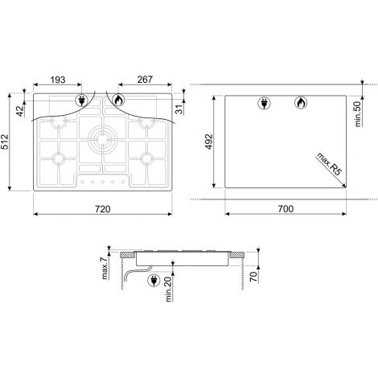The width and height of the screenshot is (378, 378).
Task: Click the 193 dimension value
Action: pyautogui.click(x=58, y=80)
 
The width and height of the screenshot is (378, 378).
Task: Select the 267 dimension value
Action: pyautogui.click(x=145, y=80)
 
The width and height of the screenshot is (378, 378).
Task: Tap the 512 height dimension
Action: pyautogui.click(x=5, y=142)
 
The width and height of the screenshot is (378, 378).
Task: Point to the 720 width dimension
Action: pyautogui.click(x=103, y=209)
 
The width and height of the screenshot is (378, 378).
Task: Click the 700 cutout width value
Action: pyautogui.click(x=286, y=208)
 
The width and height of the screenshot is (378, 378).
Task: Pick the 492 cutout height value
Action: pyautogui.click(x=208, y=142)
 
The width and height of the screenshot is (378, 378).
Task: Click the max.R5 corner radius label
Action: pyautogui.click(x=329, y=164)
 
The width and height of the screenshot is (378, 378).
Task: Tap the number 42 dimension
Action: pyautogui.click(x=20, y=111)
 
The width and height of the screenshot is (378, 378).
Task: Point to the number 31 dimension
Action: pyautogui.click(x=179, y=109)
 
